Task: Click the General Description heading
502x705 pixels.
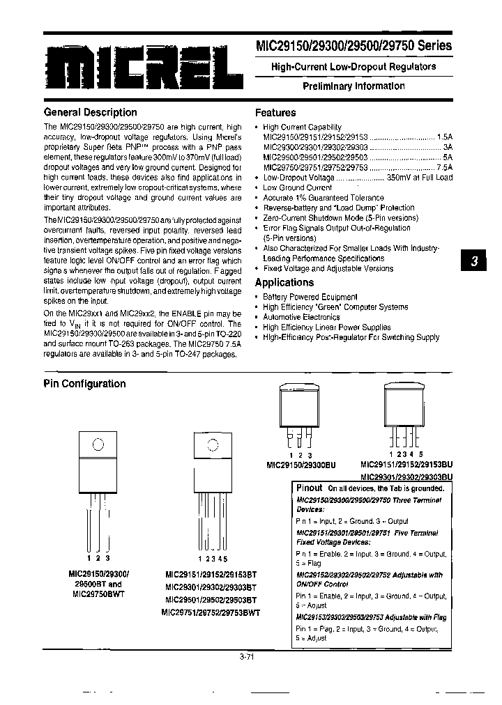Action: pos(90,112)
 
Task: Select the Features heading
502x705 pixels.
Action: pos(275,112)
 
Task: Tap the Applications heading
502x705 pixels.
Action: pos(284,282)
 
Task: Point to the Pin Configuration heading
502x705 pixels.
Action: pos(84,384)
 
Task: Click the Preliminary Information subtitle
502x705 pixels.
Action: pos(353,86)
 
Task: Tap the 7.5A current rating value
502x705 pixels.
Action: pos(444,167)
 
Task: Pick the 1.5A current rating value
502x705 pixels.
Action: pos(444,137)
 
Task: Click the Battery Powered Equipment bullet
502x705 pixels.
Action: pos(310,297)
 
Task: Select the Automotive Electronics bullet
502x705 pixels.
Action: pos(301,317)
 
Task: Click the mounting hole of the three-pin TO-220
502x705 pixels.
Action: pos(98,444)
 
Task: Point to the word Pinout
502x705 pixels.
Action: pos(310,488)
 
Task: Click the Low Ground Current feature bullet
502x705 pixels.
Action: pos(297,187)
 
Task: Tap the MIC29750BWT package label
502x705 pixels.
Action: pos(98,594)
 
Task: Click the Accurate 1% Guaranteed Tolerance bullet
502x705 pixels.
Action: pos(324,198)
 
